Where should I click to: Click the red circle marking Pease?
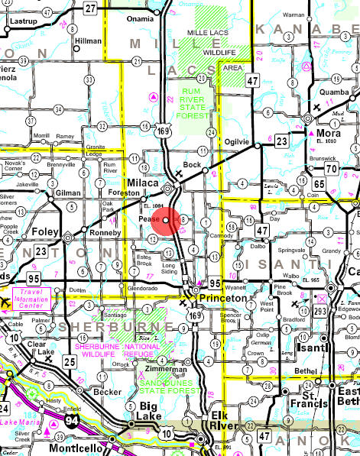point(166,221)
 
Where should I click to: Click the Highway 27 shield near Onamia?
point(91,8)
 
